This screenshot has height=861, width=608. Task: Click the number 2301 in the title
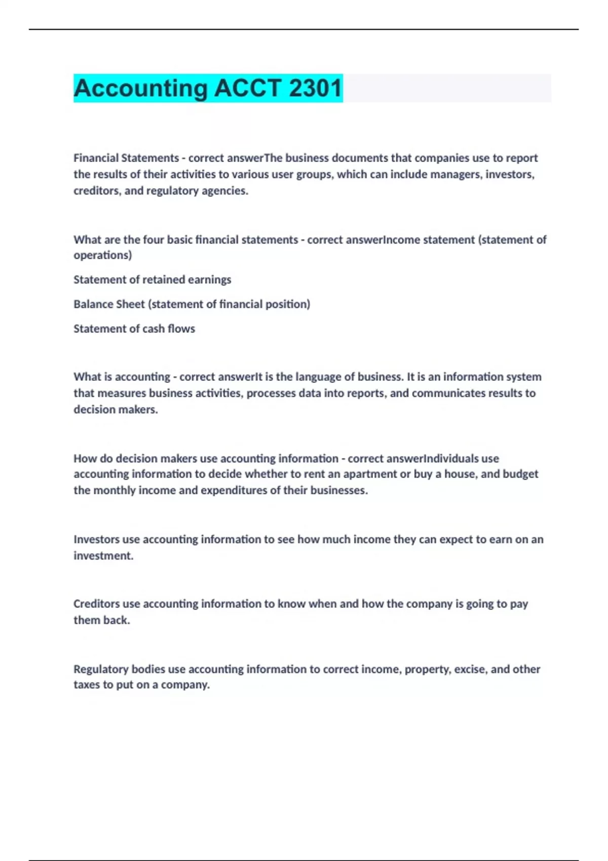click(316, 88)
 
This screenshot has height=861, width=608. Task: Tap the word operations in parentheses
click(102, 255)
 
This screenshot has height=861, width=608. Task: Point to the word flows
click(181, 329)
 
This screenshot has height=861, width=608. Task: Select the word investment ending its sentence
click(103, 556)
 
